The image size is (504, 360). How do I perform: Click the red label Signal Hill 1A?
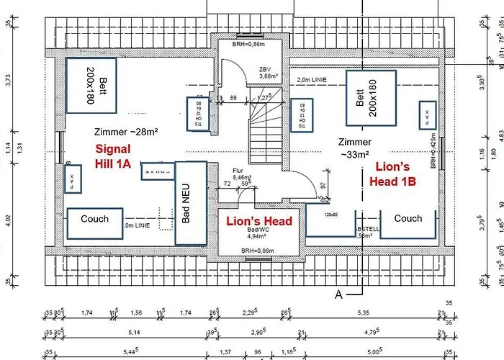point(113,156)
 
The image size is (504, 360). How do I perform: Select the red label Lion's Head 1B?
point(393,174)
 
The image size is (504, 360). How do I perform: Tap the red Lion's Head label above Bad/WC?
point(259,221)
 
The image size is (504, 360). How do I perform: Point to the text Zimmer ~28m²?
point(126,132)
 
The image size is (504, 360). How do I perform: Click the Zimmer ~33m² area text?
point(355,148)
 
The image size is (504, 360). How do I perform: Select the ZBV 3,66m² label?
point(268,72)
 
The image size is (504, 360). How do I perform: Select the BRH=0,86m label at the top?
point(247,45)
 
